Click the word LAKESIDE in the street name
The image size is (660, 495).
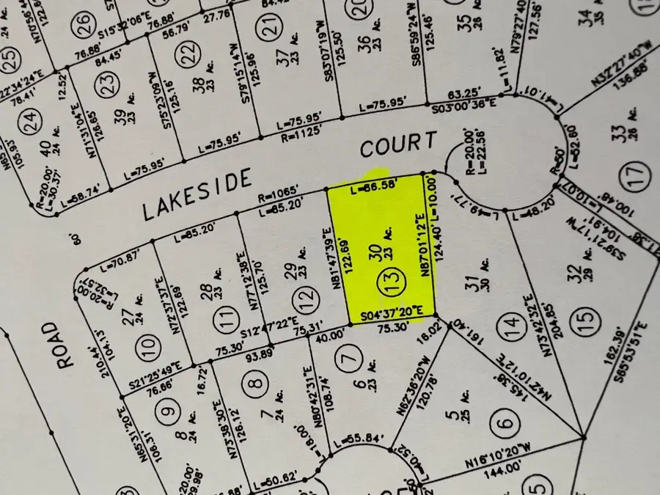coord(196,194)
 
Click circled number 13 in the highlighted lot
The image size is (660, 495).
coord(384,281)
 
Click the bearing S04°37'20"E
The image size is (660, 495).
coord(392,316)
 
